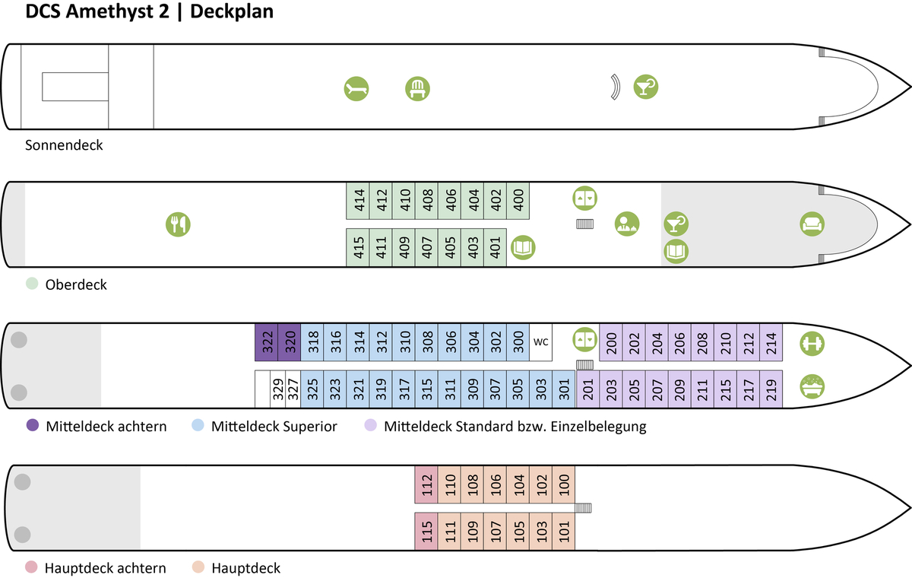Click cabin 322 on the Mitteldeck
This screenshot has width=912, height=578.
[267, 343]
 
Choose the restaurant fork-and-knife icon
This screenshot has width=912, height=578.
[179, 224]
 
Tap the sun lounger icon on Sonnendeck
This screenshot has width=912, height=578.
[356, 89]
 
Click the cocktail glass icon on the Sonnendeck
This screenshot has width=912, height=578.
[646, 87]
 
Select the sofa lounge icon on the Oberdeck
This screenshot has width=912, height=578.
[812, 224]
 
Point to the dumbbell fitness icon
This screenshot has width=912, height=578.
[812, 343]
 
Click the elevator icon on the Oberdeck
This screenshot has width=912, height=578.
[584, 199]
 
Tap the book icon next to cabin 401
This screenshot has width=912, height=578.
[523, 247]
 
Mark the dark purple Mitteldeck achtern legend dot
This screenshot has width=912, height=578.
[32, 426]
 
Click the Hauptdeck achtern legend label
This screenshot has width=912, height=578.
[106, 568]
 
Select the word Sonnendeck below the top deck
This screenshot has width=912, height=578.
[64, 145]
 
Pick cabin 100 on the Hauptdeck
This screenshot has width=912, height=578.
[564, 484]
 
